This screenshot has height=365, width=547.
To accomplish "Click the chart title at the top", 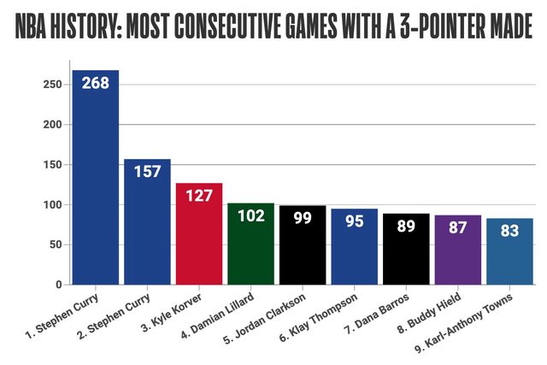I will (273, 29).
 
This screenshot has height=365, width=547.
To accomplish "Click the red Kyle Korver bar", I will (199, 239).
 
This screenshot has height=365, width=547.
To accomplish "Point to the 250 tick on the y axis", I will (52, 85).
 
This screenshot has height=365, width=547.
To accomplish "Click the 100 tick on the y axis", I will (52, 205).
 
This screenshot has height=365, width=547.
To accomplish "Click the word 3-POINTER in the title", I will (407, 29).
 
